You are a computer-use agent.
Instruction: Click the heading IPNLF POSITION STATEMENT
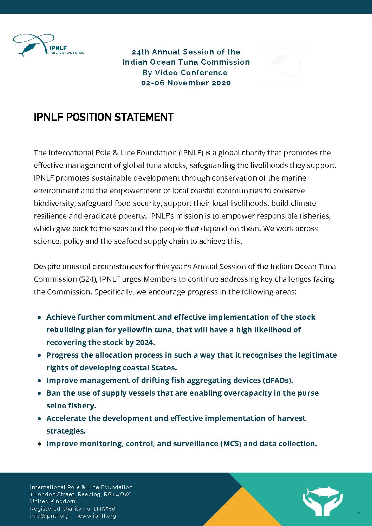pos(104,117)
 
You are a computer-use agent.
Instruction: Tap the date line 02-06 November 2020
pos(186,83)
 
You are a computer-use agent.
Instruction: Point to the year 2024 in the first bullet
pos(146,342)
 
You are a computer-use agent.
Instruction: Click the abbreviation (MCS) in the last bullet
pos(231,443)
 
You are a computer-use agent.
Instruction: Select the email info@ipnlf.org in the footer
pos(50,516)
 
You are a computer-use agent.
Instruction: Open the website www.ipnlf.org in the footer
pos(97,516)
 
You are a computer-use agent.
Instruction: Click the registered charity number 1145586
pos(104,509)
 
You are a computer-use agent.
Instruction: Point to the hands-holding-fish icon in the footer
pos(322,500)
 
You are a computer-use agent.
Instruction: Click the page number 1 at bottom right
pos(359,515)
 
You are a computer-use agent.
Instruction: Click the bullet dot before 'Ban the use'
pos(40,393)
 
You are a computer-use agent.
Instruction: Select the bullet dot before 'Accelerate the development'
pos(40,418)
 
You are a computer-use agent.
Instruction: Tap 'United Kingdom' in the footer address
pos(53,501)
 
